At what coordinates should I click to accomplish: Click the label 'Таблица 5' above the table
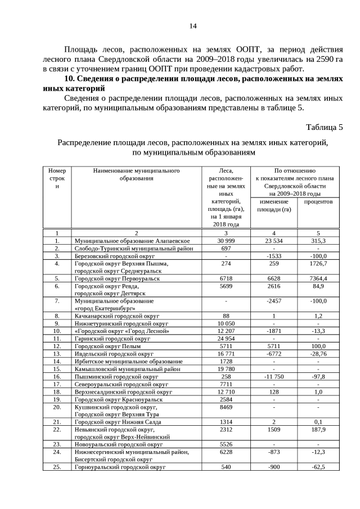(324, 127)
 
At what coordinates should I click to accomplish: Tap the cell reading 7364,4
(318, 278)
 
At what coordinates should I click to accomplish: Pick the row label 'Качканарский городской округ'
(117, 316)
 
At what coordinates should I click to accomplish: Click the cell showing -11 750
(274, 376)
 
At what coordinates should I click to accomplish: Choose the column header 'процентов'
(318, 201)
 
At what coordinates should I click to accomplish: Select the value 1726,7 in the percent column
(318, 263)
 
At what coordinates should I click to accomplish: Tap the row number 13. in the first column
(57, 354)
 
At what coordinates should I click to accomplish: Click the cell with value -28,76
(318, 354)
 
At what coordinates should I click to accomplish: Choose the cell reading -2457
(274, 301)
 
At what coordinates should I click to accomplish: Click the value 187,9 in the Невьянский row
(318, 429)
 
